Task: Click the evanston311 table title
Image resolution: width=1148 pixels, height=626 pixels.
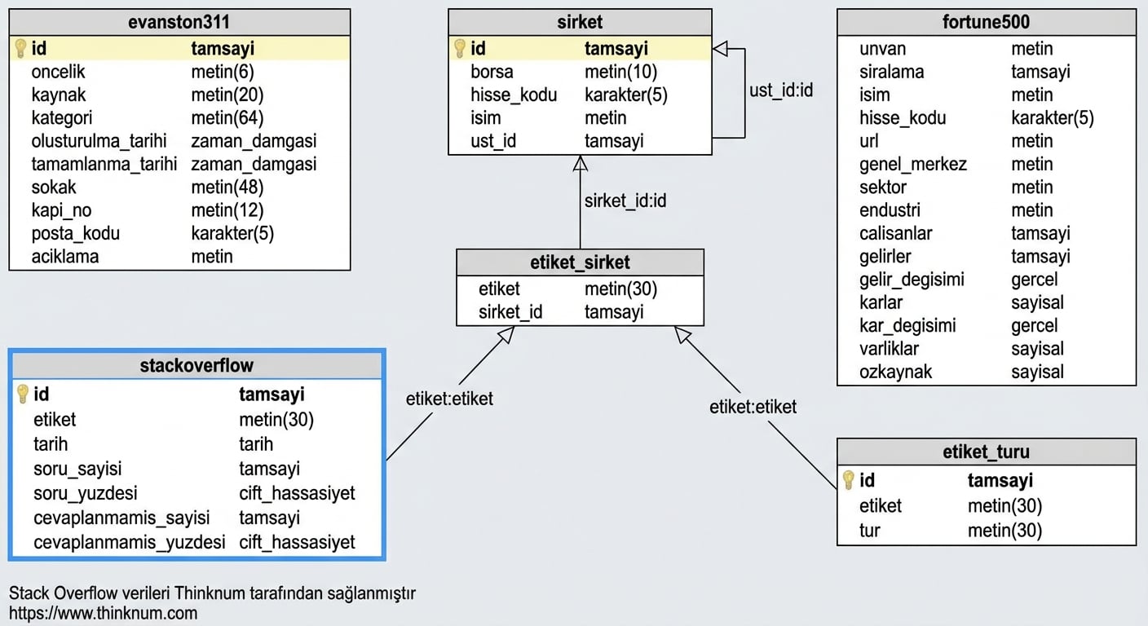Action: click(179, 22)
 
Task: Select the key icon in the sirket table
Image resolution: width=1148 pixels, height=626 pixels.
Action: click(459, 48)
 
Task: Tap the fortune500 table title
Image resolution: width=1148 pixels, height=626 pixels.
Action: click(986, 22)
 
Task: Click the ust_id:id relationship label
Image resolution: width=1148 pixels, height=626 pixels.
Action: click(780, 90)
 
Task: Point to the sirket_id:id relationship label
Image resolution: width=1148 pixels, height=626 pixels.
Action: click(625, 200)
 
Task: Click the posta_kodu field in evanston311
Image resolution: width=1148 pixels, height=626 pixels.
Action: click(75, 233)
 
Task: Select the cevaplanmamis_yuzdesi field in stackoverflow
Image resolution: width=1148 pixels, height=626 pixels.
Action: click(129, 542)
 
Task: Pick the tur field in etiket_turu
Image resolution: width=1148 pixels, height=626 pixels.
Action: click(869, 531)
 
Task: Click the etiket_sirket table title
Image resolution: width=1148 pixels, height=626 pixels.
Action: click(580, 262)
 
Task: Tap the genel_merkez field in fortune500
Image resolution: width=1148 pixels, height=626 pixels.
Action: click(912, 164)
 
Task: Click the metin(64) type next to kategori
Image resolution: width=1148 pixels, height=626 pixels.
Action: click(227, 118)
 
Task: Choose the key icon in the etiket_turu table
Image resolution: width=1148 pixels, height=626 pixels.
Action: click(848, 480)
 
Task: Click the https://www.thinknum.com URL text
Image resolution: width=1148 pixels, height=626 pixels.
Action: click(103, 613)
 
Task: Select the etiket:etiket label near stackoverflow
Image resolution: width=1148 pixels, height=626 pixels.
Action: click(449, 399)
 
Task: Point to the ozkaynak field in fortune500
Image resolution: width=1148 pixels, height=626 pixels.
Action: click(895, 372)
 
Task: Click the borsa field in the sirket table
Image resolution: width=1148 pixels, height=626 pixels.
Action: click(492, 72)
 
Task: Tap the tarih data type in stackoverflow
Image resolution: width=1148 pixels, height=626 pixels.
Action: click(256, 444)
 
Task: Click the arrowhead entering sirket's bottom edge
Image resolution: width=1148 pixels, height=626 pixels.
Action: click(580, 163)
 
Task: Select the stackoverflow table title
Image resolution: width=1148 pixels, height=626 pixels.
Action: click(196, 365)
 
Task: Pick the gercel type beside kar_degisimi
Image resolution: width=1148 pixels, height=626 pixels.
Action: click(1034, 325)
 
